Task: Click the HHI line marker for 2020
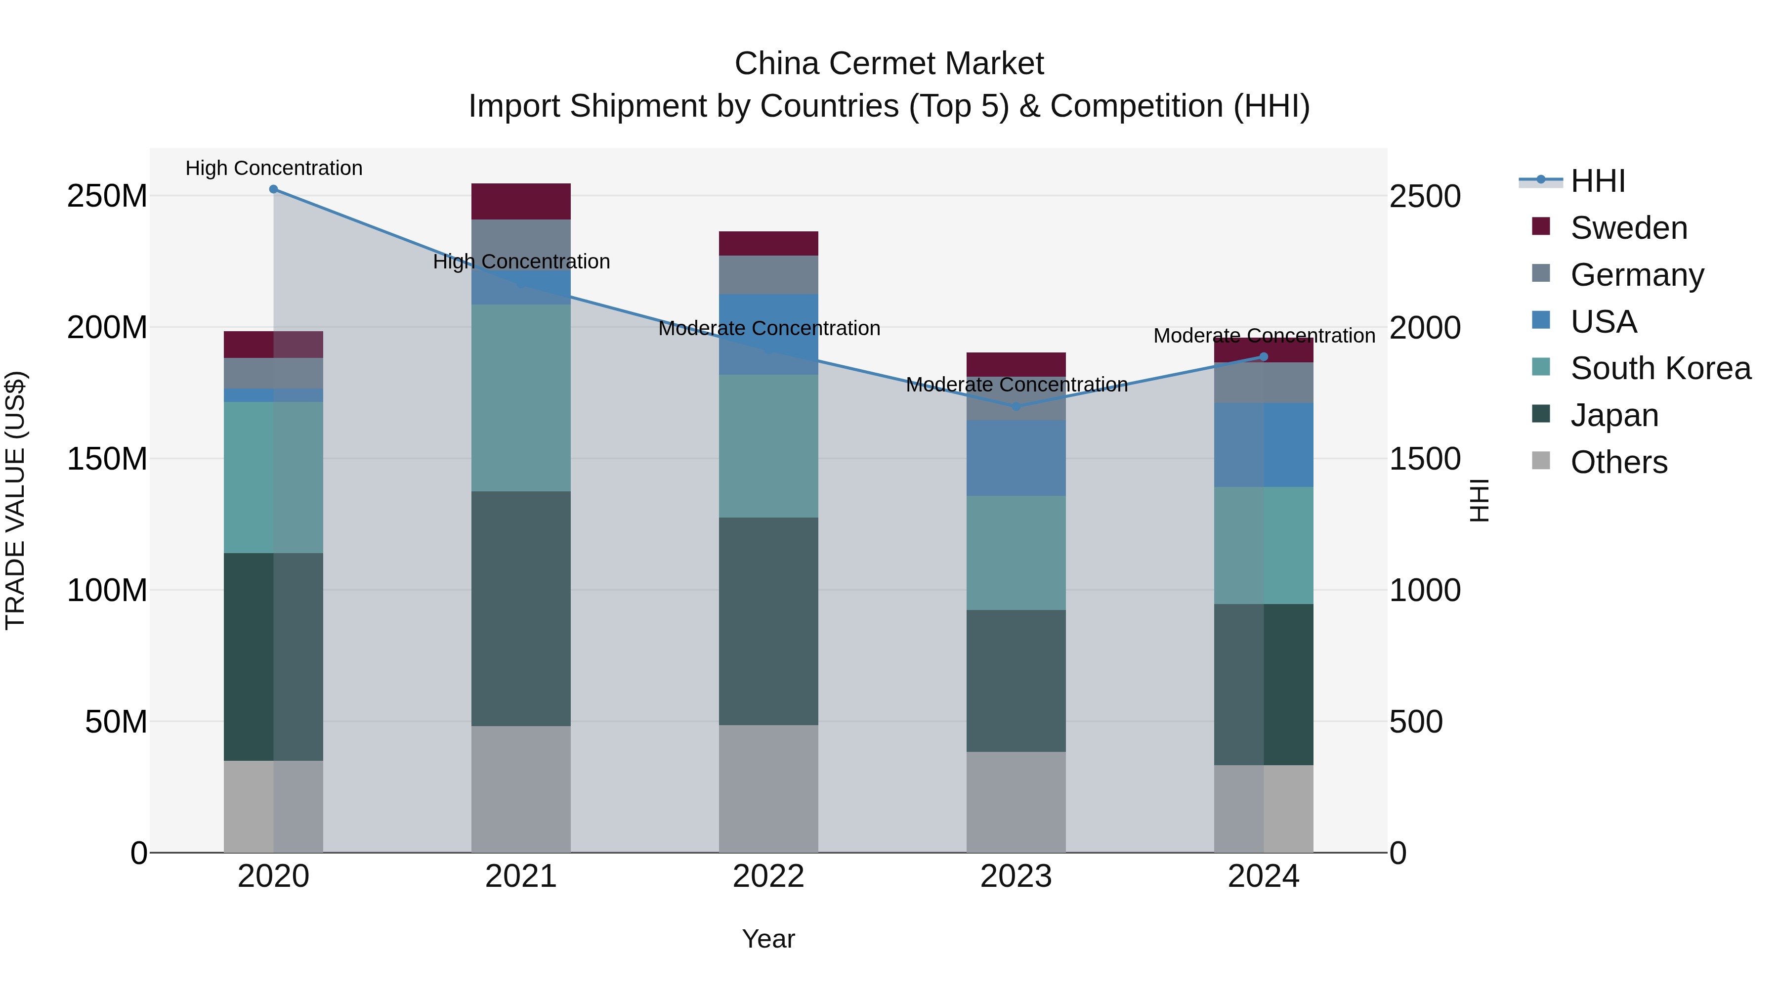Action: pos(273,189)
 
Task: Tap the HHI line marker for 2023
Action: pos(1016,407)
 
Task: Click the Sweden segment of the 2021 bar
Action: pos(521,202)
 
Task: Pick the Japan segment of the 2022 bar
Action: pos(768,621)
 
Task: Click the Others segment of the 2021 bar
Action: pos(521,789)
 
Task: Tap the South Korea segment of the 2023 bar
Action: pos(1016,553)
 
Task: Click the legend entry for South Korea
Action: pos(1660,368)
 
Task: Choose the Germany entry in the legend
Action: pos(1637,275)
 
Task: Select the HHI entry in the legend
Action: pos(1597,181)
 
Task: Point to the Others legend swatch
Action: pos(1541,461)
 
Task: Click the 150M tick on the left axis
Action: pos(107,459)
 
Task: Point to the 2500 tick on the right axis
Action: pos(1425,196)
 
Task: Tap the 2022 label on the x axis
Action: pos(768,876)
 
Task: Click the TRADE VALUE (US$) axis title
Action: pos(15,500)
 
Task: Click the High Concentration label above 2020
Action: pos(273,168)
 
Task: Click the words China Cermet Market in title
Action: pos(889,64)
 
